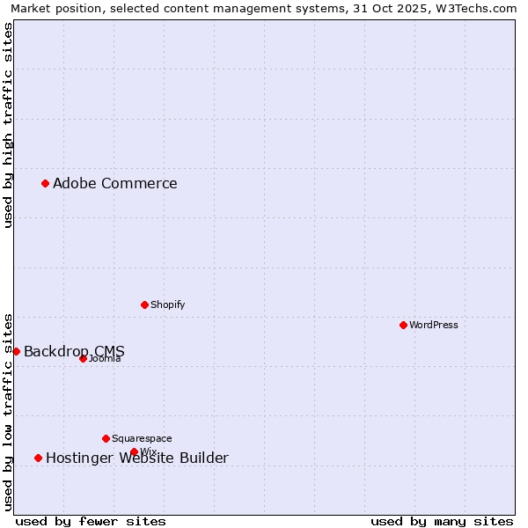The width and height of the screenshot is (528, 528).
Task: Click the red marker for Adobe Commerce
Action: point(45,183)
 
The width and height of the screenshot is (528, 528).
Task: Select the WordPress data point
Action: point(403,325)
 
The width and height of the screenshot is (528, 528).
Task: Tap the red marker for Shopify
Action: point(144,304)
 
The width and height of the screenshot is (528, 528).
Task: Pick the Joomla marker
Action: point(83,358)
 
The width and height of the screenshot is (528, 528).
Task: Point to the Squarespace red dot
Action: point(106,438)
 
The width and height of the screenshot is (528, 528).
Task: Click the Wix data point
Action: point(134,452)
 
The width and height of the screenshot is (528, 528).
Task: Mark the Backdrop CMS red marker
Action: point(16,351)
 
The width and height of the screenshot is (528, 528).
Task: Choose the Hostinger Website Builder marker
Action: point(38,458)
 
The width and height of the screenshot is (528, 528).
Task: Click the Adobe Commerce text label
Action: point(114,184)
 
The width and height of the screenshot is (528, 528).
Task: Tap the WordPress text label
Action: point(434,325)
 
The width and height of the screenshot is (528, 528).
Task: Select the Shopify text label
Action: point(167,304)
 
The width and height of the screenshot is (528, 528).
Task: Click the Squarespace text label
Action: point(142,438)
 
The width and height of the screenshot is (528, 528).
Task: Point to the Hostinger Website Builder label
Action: point(136,458)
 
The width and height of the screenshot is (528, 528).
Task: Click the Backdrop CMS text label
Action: point(74,352)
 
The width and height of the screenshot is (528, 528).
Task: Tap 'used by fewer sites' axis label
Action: point(91,521)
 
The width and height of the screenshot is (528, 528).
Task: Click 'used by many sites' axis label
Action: point(442,521)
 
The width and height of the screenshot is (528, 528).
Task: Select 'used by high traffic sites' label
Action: point(9,125)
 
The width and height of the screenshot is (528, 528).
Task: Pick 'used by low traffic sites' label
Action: point(9,411)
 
